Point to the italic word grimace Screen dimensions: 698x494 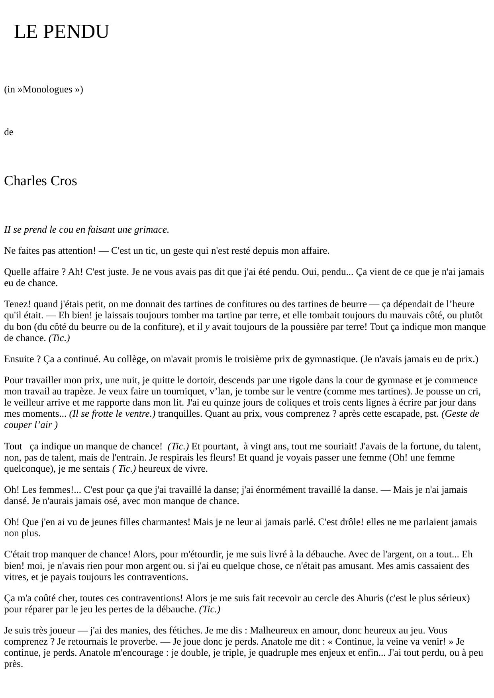click(154, 230)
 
